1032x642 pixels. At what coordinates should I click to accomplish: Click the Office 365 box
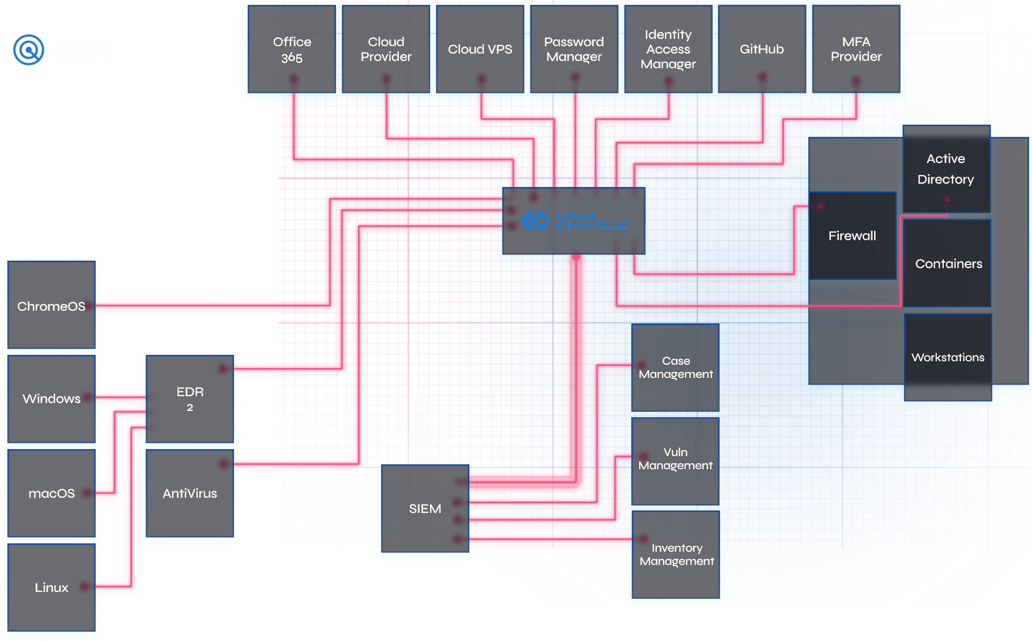coord(292,49)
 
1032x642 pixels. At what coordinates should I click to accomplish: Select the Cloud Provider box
coord(386,49)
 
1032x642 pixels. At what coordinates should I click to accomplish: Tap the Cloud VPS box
coord(480,49)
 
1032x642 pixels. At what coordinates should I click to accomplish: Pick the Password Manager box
coord(574,49)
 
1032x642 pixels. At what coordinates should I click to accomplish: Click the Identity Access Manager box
coord(668,49)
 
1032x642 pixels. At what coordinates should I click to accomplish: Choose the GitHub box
coord(762,49)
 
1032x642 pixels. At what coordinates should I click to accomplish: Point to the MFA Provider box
coord(856,49)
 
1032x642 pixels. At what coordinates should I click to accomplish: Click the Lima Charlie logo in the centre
coord(574,221)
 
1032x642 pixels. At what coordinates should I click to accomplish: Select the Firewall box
coord(852,236)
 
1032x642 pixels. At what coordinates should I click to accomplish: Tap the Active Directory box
coord(946,169)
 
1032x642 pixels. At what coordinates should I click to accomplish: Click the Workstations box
coord(948,358)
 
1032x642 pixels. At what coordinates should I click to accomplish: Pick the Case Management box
coord(676,368)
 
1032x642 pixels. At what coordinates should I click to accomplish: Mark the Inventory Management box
coord(676,554)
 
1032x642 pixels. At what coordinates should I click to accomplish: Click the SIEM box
coord(425,509)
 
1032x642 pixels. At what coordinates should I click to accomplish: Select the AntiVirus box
coord(190,494)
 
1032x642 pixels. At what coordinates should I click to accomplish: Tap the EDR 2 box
coord(190,399)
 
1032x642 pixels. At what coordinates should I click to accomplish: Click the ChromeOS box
coord(52,306)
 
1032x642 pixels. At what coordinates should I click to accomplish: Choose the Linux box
coord(52,588)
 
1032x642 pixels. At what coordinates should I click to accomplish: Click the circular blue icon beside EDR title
coord(28,50)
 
